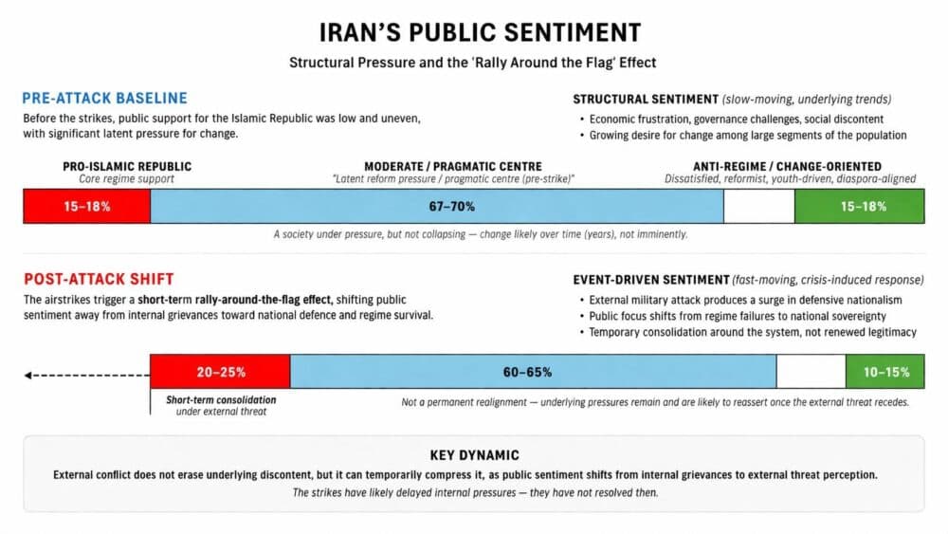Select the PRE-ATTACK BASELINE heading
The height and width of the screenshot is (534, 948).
tap(105, 99)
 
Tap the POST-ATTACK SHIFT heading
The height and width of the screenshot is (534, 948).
tap(99, 279)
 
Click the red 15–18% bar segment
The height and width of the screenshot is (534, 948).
tap(87, 206)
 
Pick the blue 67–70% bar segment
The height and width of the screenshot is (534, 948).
tap(436, 206)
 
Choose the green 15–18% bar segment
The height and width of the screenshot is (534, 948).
tap(859, 206)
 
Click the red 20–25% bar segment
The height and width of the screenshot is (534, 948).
tap(220, 372)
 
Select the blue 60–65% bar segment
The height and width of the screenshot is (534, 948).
tap(533, 372)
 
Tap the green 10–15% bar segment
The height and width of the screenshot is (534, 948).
tap(884, 372)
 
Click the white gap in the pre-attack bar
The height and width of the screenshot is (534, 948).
tap(758, 206)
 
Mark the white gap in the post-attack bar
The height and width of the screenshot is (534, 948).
tap(811, 372)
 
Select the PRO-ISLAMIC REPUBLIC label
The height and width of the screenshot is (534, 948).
tap(127, 167)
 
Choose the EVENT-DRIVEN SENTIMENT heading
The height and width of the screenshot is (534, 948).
tap(649, 280)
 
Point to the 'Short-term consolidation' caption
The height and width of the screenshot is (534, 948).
tap(221, 400)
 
